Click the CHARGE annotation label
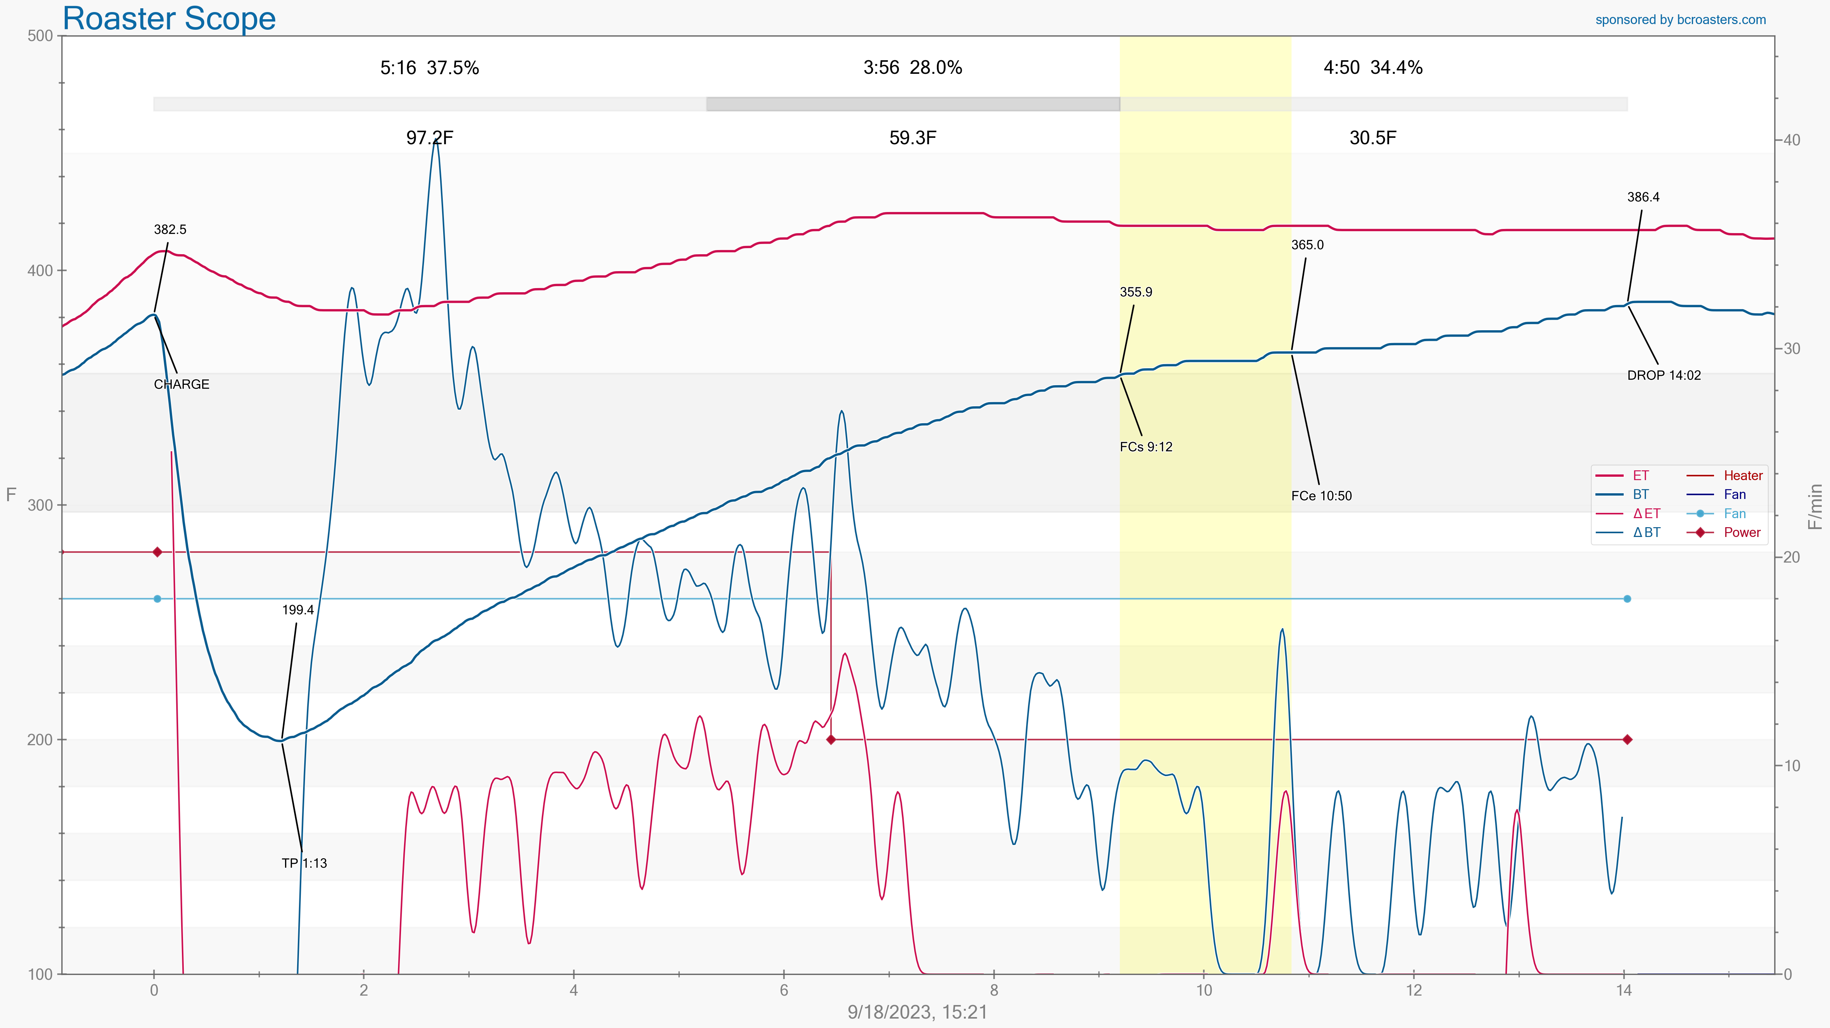tap(181, 384)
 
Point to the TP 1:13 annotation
tap(304, 863)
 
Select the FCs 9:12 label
tap(1146, 447)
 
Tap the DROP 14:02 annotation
tap(1664, 375)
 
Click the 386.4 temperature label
tap(1643, 197)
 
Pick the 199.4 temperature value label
tap(298, 610)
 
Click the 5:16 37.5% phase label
tap(429, 68)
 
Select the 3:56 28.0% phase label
tap(912, 68)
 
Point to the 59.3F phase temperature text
tap(912, 138)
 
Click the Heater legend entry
tap(1743, 475)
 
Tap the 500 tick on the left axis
tap(41, 36)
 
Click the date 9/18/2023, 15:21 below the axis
tap(917, 1012)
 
